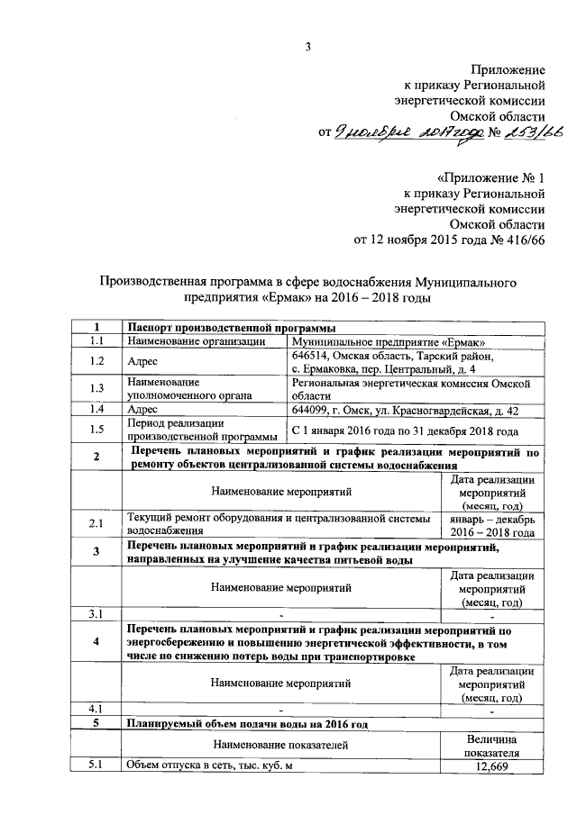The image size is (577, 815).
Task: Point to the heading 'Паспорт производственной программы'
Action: click(x=225, y=327)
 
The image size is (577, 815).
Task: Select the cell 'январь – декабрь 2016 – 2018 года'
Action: click(x=491, y=525)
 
